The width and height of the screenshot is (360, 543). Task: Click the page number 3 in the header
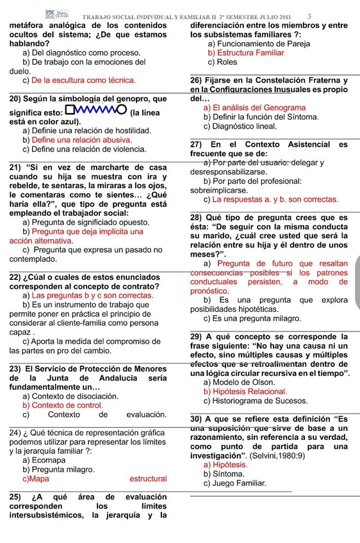click(309, 16)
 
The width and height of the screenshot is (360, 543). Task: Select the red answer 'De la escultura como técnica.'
click(83, 80)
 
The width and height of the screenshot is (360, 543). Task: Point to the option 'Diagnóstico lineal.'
click(244, 126)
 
